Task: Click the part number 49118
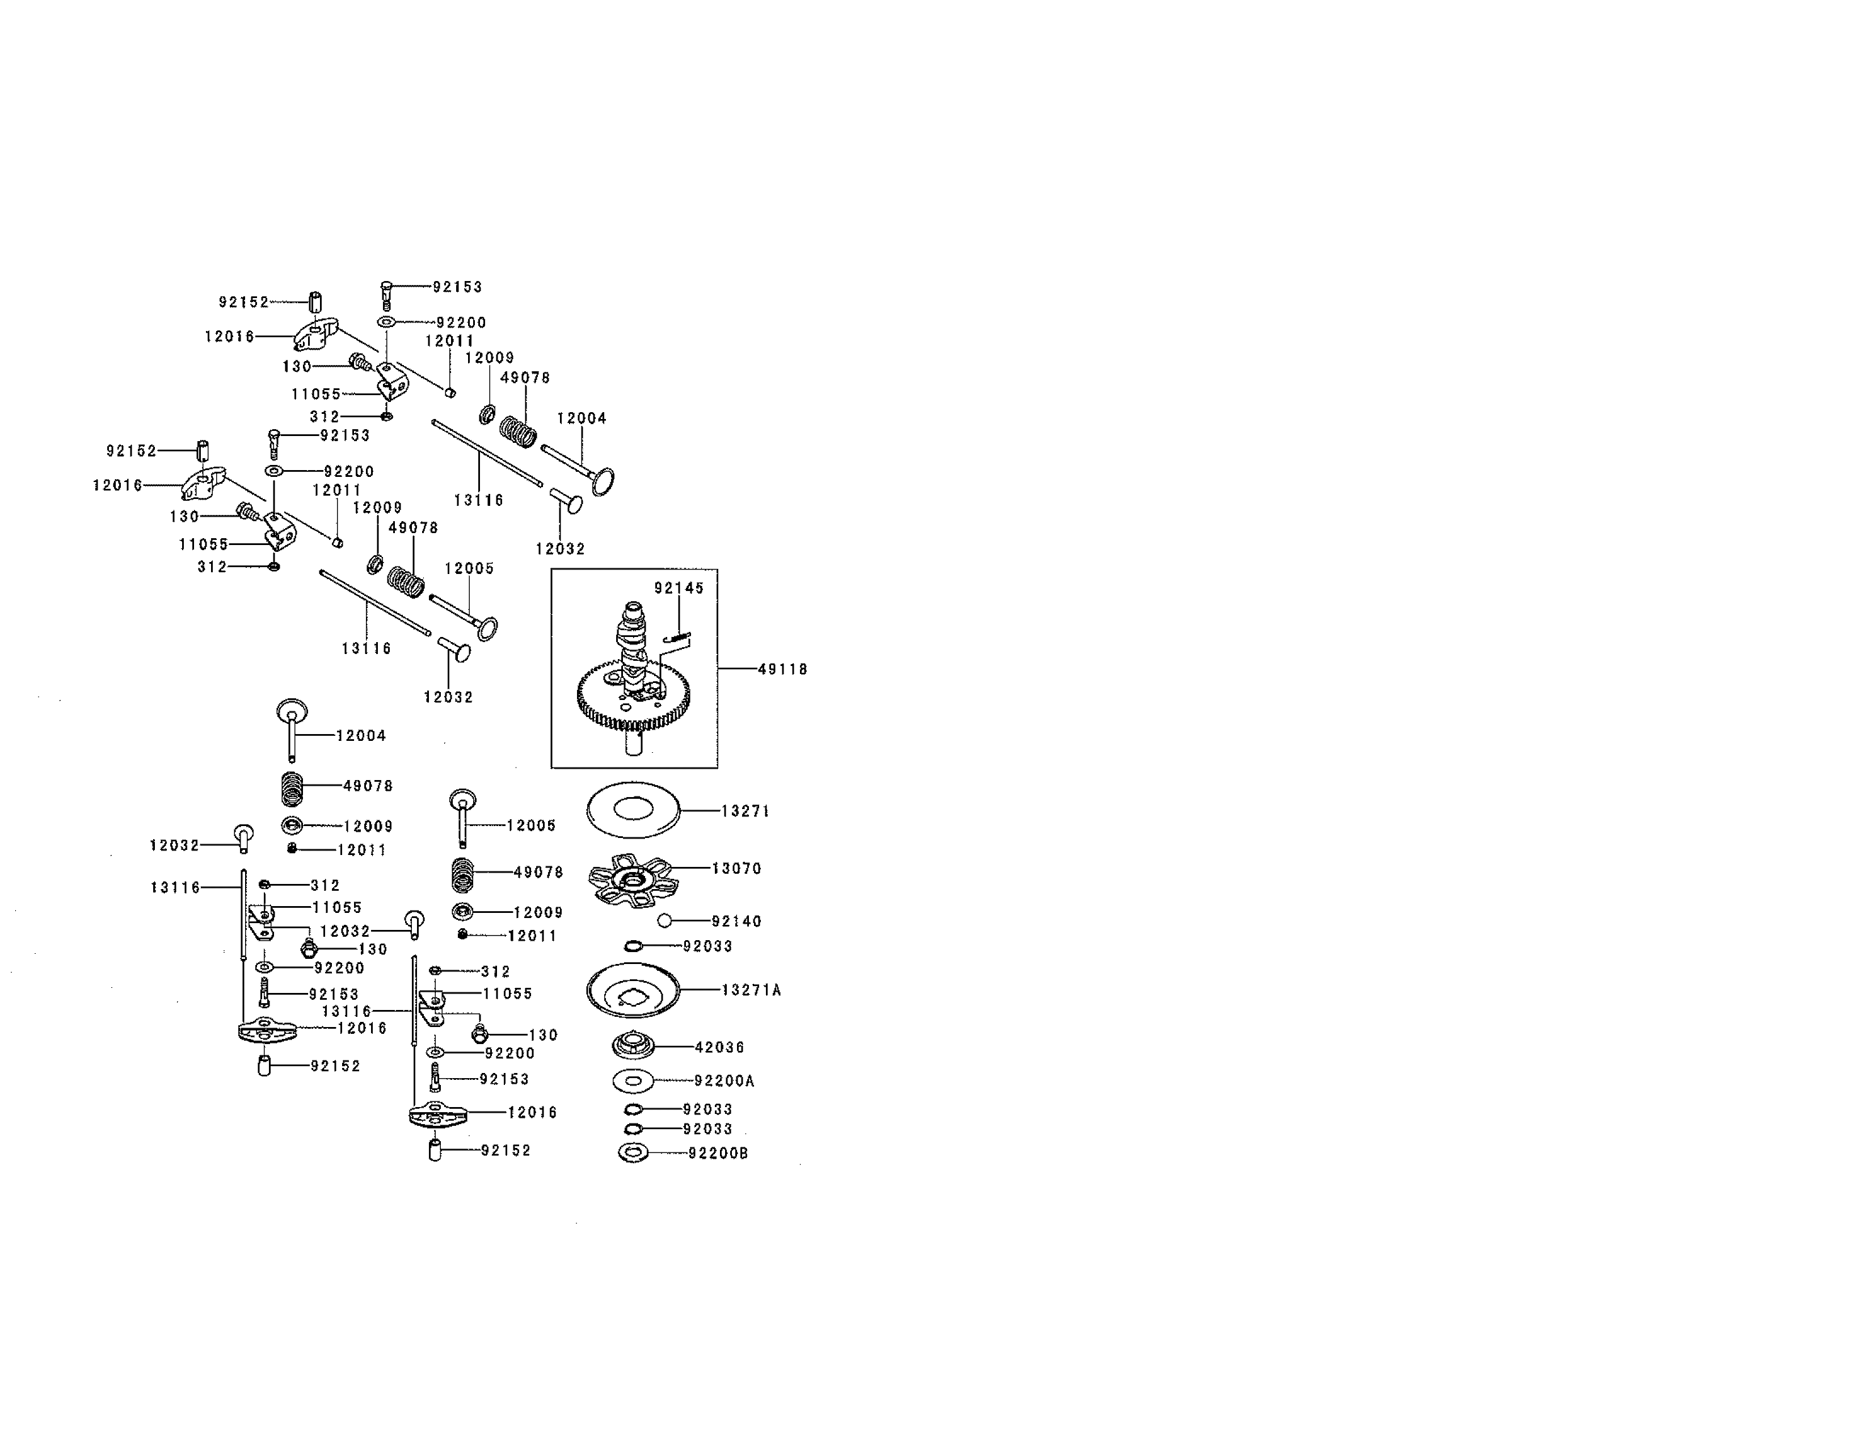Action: coord(782,669)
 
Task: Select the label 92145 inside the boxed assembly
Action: coord(679,588)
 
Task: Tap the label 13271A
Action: coord(751,990)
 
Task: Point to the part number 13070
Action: coord(736,869)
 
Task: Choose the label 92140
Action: coord(736,922)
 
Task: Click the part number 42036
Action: coord(719,1047)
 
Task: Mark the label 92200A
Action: coord(725,1081)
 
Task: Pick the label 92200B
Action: coord(718,1154)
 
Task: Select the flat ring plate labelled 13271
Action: coord(633,810)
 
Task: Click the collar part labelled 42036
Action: coord(633,1047)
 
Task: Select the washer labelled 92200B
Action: coord(632,1153)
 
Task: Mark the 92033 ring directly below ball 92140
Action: coord(633,946)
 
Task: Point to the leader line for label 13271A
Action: coord(700,990)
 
